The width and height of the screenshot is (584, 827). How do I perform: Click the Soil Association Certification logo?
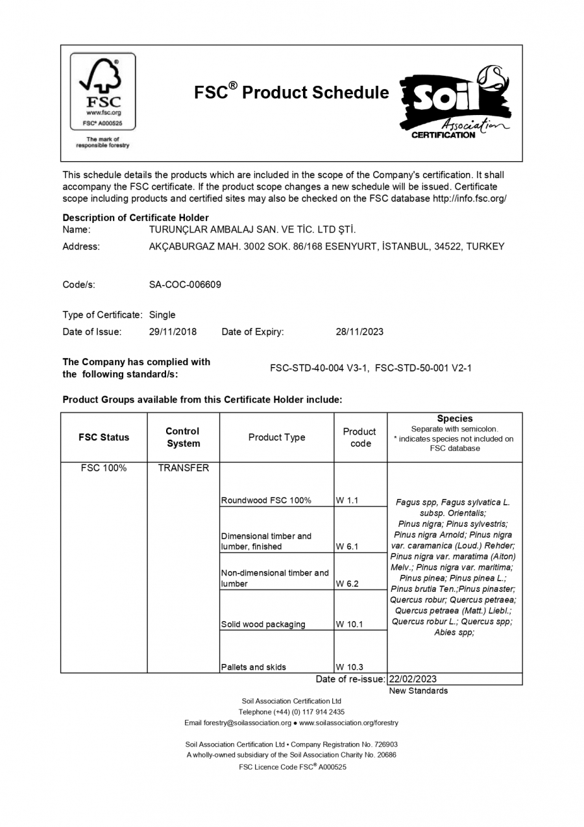(x=454, y=103)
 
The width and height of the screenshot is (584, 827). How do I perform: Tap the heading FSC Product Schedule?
(x=291, y=92)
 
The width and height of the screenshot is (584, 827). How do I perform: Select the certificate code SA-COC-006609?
(x=185, y=285)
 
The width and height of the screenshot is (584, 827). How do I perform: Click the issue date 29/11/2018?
(x=173, y=331)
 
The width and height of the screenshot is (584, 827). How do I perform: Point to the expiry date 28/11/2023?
(x=359, y=331)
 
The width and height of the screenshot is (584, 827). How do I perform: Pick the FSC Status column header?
(x=104, y=437)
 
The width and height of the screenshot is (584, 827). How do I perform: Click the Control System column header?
(x=183, y=437)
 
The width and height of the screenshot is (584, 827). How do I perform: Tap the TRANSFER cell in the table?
(x=183, y=468)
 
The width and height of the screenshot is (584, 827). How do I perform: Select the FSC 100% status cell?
(x=104, y=468)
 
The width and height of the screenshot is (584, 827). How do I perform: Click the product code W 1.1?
(x=347, y=500)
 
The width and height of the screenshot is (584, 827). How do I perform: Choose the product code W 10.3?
(x=350, y=667)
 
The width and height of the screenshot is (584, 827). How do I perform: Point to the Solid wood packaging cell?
(x=263, y=624)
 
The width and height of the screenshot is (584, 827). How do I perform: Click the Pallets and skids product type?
(x=253, y=667)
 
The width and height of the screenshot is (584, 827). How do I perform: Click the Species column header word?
(x=454, y=419)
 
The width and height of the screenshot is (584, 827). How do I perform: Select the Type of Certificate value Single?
(x=162, y=315)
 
